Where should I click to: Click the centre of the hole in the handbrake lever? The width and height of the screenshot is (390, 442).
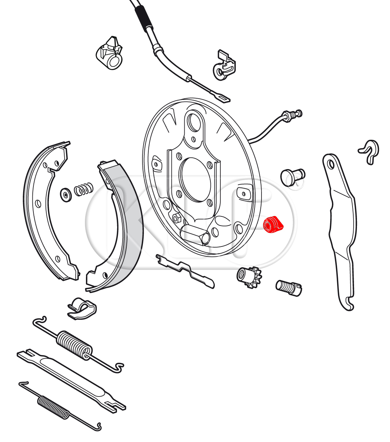(331, 164)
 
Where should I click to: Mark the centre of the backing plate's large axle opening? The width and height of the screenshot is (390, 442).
(195, 180)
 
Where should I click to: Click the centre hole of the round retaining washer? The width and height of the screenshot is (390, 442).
(65, 195)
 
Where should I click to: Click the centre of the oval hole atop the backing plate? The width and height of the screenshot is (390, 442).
(194, 123)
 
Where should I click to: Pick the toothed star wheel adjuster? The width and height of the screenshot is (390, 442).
(249, 277)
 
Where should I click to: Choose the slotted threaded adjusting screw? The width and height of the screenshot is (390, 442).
(289, 288)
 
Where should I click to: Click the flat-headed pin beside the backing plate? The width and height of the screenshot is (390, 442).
(293, 177)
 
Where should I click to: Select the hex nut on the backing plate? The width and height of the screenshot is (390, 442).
(177, 218)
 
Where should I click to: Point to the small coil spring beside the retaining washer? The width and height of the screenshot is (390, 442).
(83, 189)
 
